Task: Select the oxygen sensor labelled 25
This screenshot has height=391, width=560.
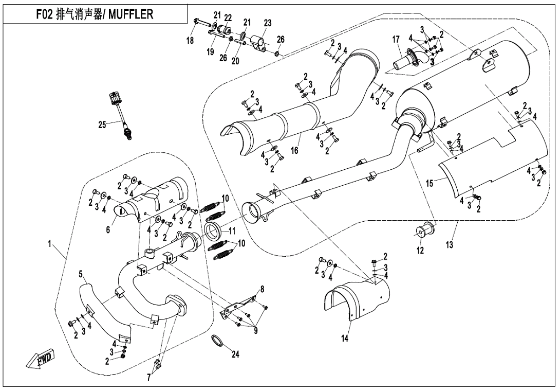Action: pos(121,115)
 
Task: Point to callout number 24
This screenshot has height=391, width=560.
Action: pos(235,354)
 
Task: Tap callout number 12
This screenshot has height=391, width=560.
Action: pos(420,251)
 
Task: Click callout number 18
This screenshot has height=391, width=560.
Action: pos(191,41)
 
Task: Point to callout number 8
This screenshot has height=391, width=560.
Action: pos(263,289)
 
